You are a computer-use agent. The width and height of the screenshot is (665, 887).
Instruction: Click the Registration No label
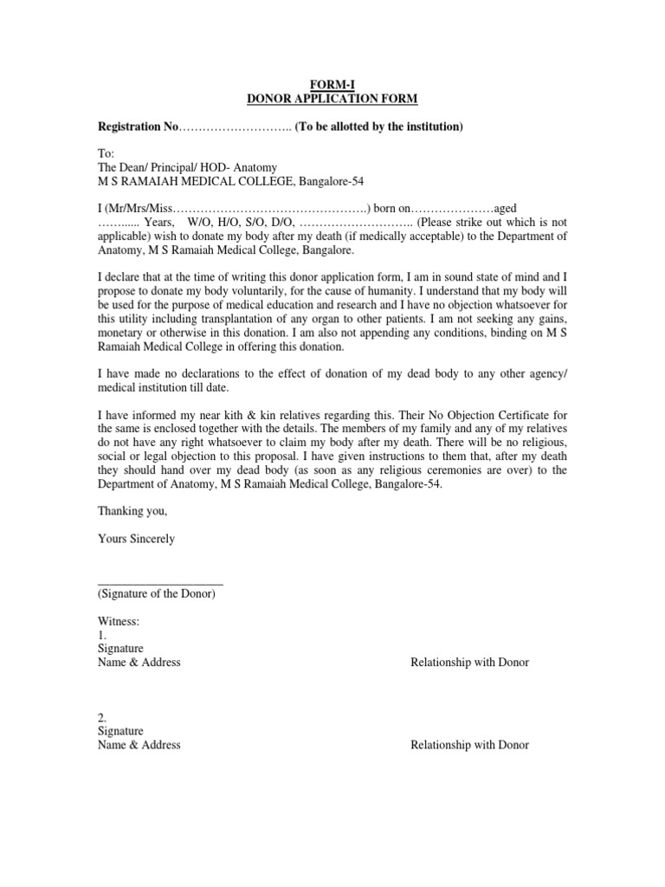137,127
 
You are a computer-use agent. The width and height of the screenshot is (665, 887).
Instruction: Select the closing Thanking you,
132,511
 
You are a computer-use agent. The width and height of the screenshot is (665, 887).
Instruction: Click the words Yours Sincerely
136,539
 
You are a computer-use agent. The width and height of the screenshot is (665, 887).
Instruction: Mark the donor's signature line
160,586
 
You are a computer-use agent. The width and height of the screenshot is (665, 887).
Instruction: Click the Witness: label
119,622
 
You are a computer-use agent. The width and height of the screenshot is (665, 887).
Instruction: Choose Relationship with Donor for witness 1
469,663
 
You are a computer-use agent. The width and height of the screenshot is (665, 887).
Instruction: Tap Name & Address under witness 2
139,745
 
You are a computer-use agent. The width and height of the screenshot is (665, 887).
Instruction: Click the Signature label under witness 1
120,649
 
